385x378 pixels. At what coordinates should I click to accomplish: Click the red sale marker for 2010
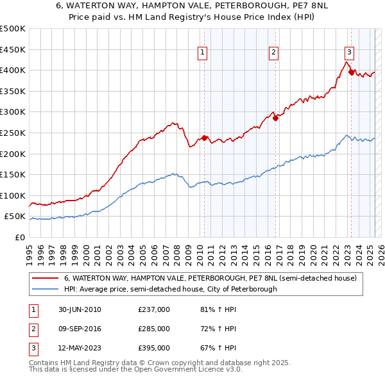pos(205,138)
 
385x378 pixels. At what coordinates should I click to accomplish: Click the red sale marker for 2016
pos(275,118)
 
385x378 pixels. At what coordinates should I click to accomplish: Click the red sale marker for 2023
pos(351,72)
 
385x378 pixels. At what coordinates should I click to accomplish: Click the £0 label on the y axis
pos(19,237)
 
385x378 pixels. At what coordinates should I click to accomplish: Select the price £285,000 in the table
pos(154,329)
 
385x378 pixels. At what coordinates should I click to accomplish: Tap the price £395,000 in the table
pos(154,348)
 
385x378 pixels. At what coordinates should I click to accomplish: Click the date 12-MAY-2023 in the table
pos(78,348)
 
